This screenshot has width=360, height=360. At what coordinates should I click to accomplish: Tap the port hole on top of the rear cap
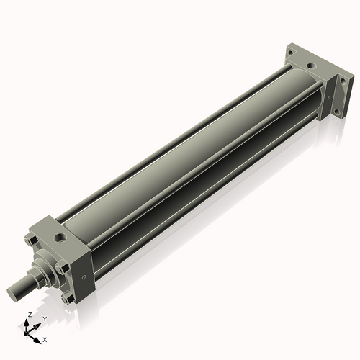point(310,66)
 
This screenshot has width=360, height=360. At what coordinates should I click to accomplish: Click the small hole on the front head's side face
point(84,276)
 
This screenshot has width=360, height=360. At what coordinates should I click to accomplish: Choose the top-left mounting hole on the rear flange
point(291,53)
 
